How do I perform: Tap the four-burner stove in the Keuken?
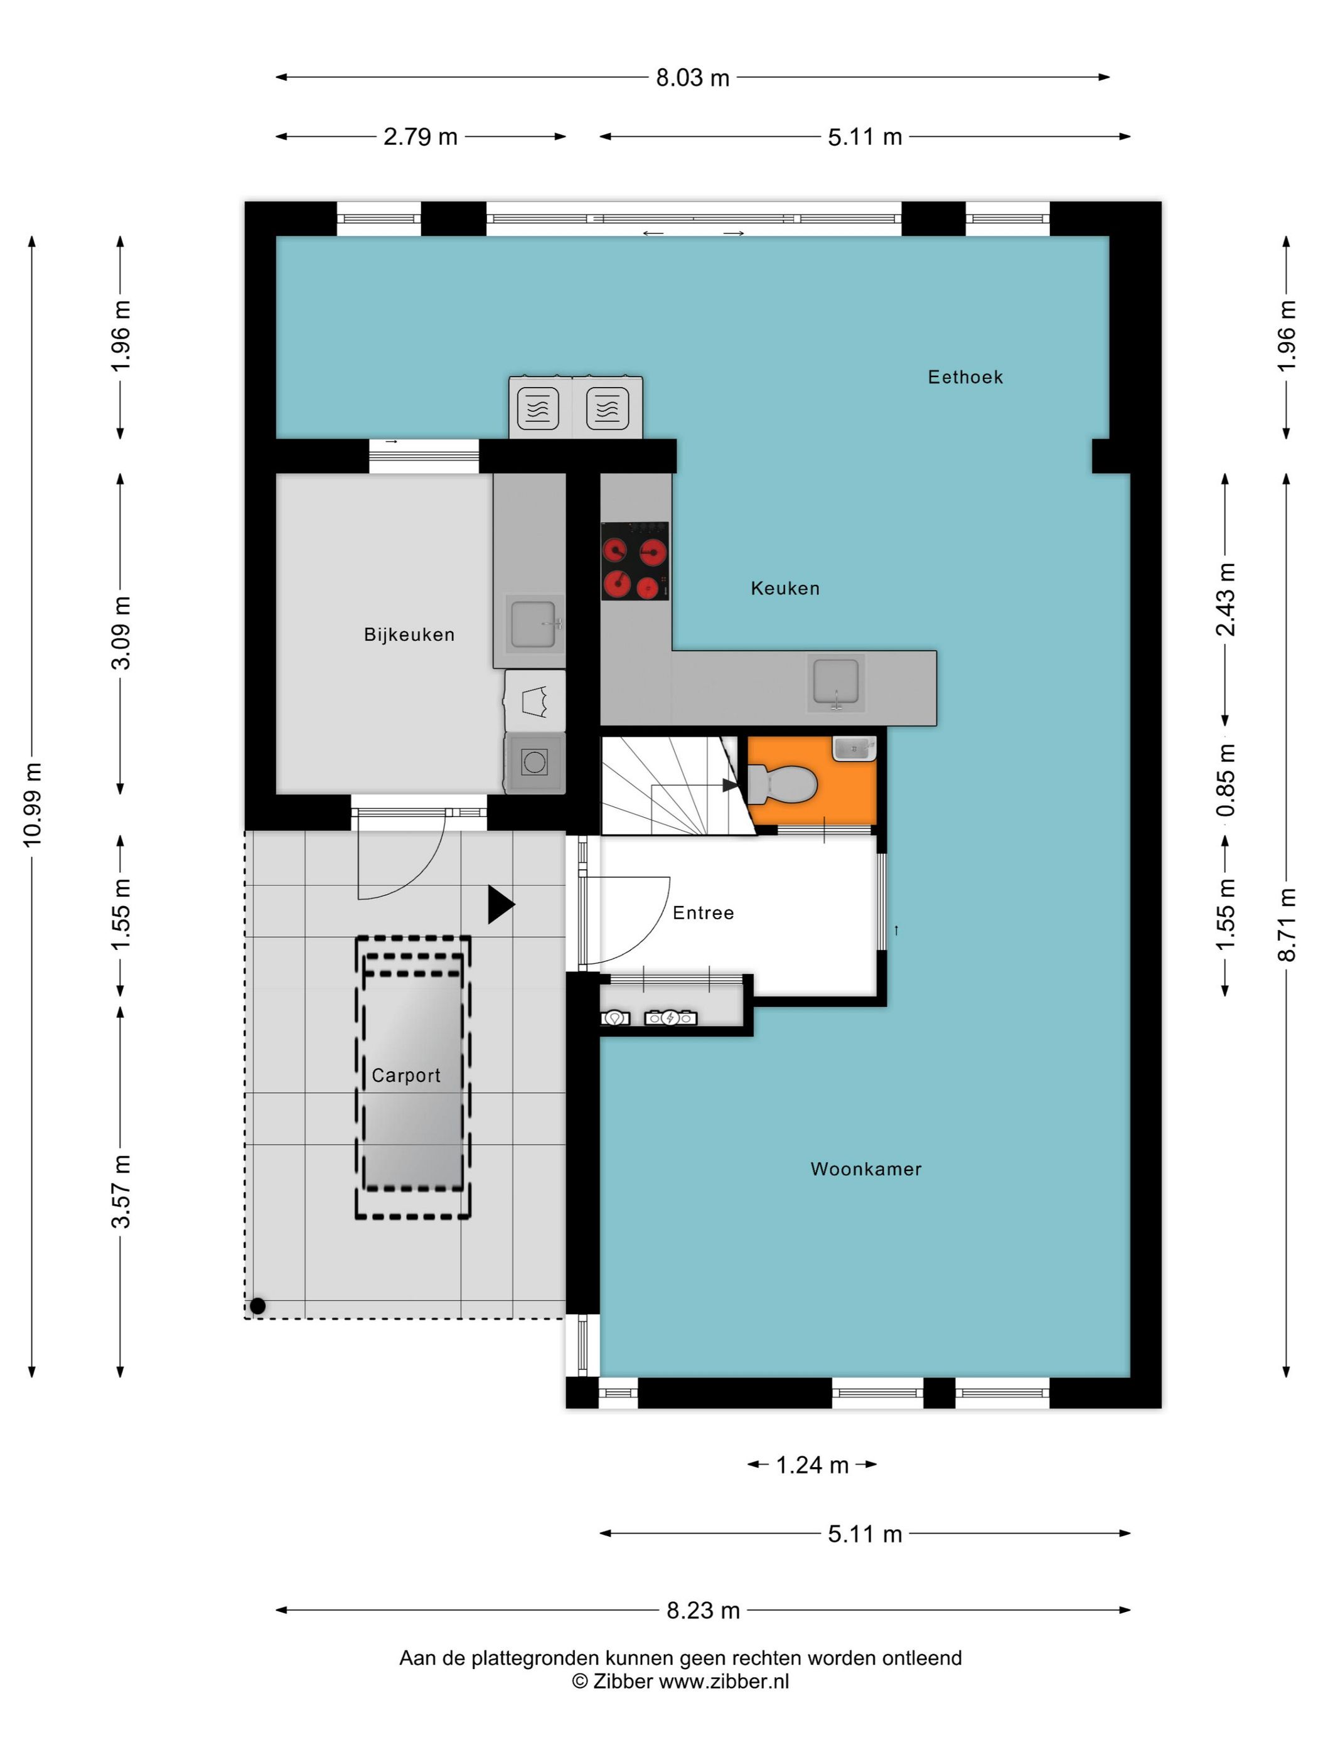point(634,561)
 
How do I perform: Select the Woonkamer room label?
point(865,1168)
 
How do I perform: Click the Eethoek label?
point(965,377)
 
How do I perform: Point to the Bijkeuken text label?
point(409,634)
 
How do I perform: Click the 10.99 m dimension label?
point(33,804)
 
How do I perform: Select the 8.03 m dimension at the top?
point(692,78)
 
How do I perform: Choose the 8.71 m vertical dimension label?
point(1286,924)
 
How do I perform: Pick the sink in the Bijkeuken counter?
point(532,624)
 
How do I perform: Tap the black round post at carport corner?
point(257,1306)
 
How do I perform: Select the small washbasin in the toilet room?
point(853,748)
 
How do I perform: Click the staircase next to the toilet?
point(667,786)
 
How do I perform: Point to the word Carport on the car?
point(406,1076)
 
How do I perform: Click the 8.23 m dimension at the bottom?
point(702,1611)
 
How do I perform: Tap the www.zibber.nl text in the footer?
point(724,1682)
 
